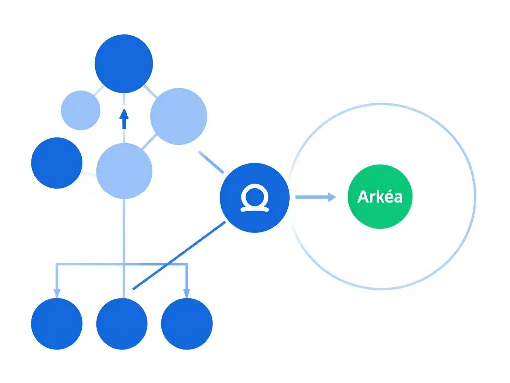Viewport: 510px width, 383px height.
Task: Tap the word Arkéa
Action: pyautogui.click(x=380, y=196)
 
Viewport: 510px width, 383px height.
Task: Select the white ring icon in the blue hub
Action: pyautogui.click(x=255, y=198)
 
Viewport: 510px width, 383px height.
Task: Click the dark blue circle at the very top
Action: pyautogui.click(x=124, y=64)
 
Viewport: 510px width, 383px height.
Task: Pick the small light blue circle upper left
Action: pyautogui.click(x=80, y=110)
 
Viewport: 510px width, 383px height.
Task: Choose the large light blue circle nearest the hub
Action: pyautogui.click(x=178, y=116)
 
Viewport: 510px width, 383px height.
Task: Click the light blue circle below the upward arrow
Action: pyautogui.click(x=124, y=171)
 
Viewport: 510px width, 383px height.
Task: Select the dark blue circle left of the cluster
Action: pyautogui.click(x=57, y=163)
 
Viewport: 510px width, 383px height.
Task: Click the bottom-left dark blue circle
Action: pyautogui.click(x=57, y=323)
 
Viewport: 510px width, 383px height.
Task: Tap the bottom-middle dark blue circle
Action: pyautogui.click(x=122, y=323)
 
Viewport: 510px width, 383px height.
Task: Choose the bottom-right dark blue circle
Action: pyautogui.click(x=187, y=323)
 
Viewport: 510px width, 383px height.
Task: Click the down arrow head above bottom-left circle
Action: pyautogui.click(x=57, y=294)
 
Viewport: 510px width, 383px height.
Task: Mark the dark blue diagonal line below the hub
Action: pyautogui.click(x=179, y=255)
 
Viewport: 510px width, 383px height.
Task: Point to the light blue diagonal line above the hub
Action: pyautogui.click(x=211, y=162)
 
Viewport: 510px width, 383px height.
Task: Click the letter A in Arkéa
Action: pyautogui.click(x=362, y=196)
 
